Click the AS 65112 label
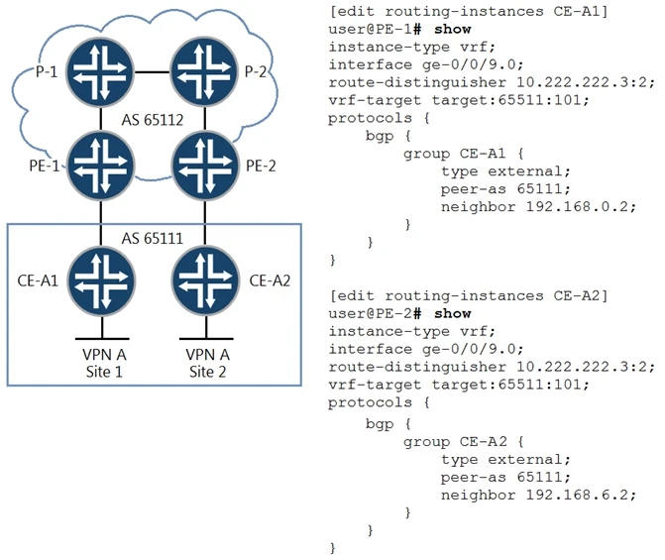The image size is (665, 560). coord(154,121)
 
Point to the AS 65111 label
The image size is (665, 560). coord(154,239)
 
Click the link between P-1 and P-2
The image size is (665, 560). coord(154,71)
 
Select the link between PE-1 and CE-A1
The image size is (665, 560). coord(103,222)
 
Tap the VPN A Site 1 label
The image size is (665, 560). coord(103,362)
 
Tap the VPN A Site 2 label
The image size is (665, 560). coord(204,362)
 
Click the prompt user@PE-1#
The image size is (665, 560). coord(373,28)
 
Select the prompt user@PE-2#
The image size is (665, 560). coord(373,314)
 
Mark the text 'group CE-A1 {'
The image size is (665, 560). coord(462,153)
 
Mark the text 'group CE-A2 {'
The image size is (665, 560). coord(462,440)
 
